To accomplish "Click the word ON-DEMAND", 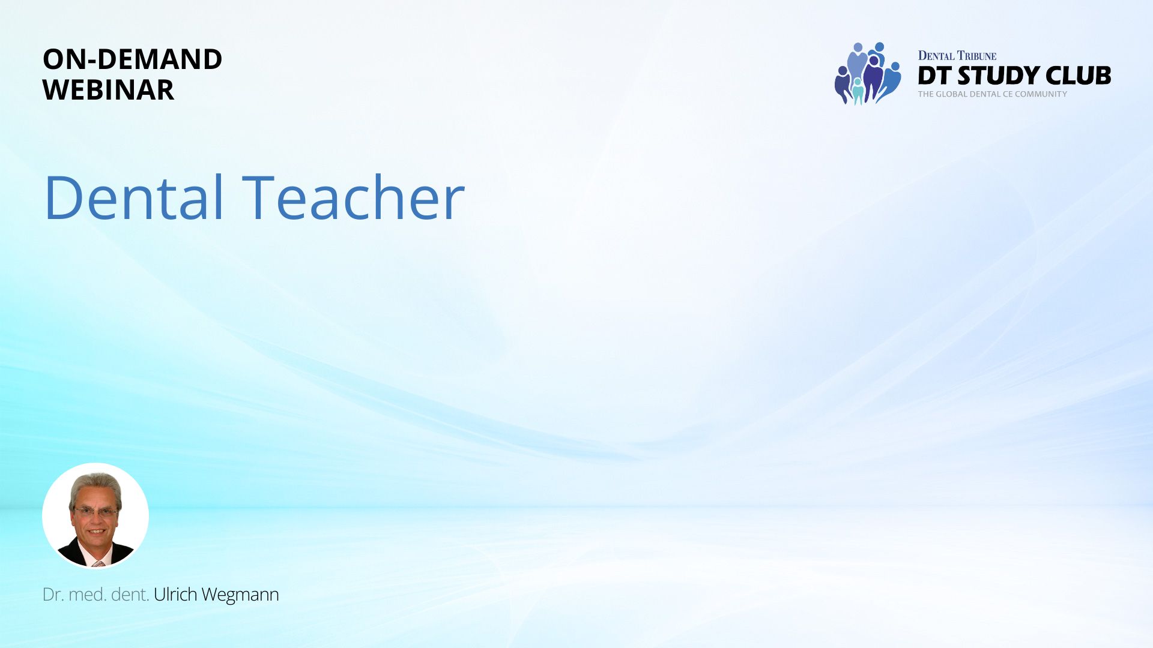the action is click(x=132, y=59).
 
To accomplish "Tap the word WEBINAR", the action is click(x=108, y=90).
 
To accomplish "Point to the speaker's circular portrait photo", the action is click(x=95, y=515).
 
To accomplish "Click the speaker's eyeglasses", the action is click(x=95, y=512).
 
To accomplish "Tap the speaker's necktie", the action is click(x=98, y=563).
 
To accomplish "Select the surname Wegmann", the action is click(x=240, y=595).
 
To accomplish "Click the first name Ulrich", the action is click(x=175, y=594).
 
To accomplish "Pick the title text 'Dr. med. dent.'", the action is click(x=95, y=595).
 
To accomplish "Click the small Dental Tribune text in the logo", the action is click(x=957, y=56).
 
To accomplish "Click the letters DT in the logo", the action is click(x=935, y=76).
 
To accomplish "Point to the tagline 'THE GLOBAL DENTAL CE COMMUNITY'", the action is click(x=993, y=94).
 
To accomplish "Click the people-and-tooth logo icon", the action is click(x=868, y=73).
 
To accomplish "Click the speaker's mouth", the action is click(x=97, y=532).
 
